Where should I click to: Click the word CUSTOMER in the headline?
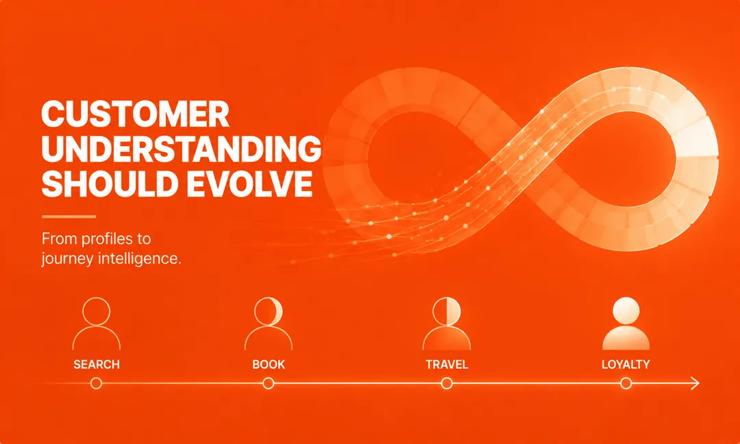(x=136, y=114)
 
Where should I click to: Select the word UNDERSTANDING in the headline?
(x=181, y=149)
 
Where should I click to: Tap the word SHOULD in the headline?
(x=106, y=184)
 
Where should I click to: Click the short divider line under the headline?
(x=69, y=217)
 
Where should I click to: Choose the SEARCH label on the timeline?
(x=97, y=365)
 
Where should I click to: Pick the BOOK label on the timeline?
(x=269, y=365)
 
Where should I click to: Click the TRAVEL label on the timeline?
(x=447, y=365)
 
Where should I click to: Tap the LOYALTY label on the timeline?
(x=626, y=365)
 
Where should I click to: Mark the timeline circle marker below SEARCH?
(x=97, y=383)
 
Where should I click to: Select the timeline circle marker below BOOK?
(x=269, y=383)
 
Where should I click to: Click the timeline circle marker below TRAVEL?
(x=447, y=383)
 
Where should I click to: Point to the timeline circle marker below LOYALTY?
(x=626, y=383)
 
